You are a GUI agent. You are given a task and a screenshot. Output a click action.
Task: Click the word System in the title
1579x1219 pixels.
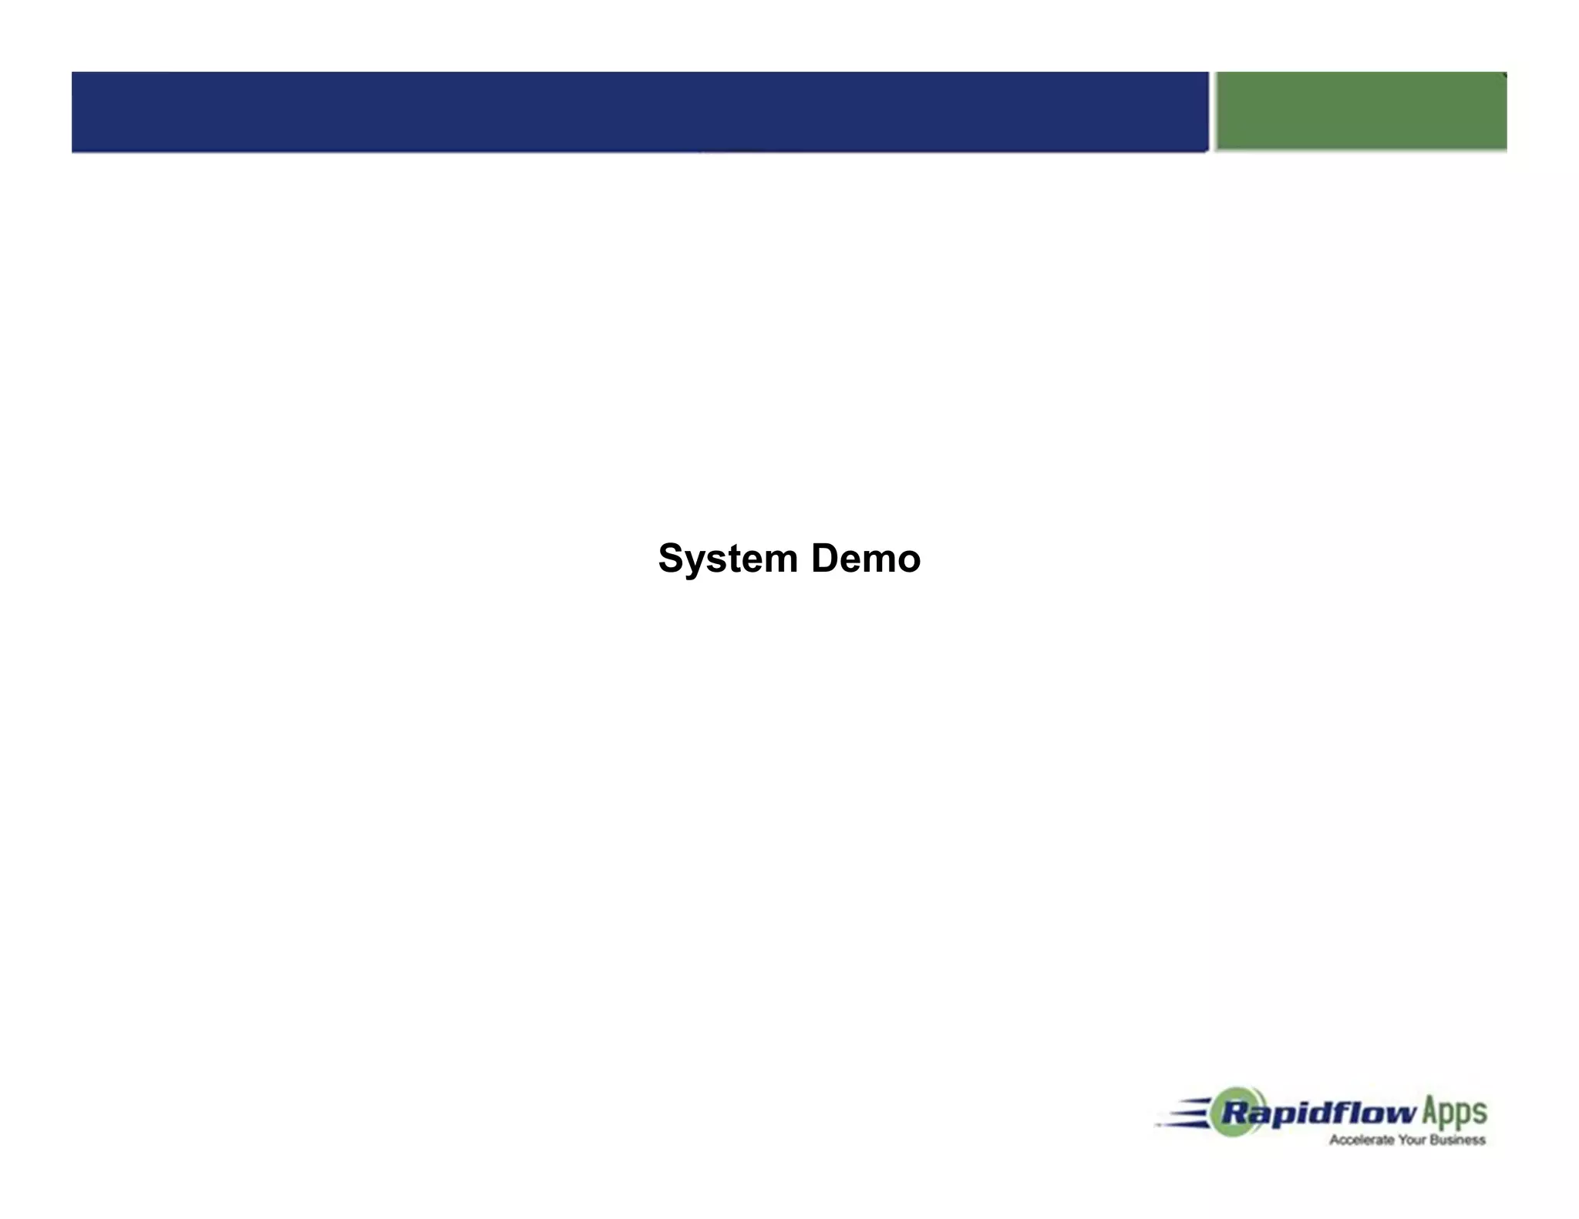(x=727, y=559)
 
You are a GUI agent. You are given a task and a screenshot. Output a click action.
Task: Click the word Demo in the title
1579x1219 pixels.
(x=865, y=559)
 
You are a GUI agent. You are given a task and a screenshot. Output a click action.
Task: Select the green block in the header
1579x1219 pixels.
(x=1361, y=111)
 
